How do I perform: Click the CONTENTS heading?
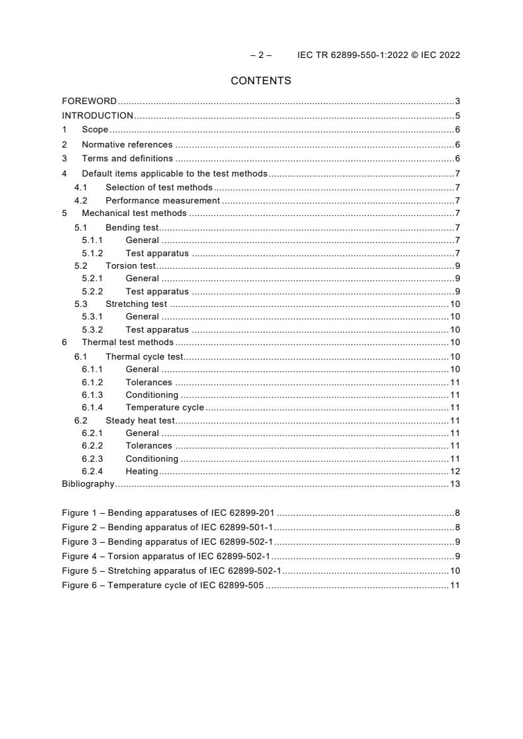261,81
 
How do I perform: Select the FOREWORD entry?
89,101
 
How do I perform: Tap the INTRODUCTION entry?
98,116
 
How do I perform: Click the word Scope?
95,130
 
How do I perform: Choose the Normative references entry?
127,144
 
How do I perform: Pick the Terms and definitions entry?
127,158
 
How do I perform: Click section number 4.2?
80,200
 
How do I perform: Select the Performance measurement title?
163,200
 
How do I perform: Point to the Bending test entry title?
132,228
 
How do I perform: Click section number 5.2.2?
93,291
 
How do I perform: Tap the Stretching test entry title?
137,304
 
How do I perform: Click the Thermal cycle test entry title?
144,357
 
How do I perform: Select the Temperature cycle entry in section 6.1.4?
165,408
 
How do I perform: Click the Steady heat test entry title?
140,420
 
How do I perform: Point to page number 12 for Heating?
454,471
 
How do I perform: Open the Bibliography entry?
88,484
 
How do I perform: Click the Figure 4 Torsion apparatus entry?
166,557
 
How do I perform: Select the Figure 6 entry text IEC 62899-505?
234,586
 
